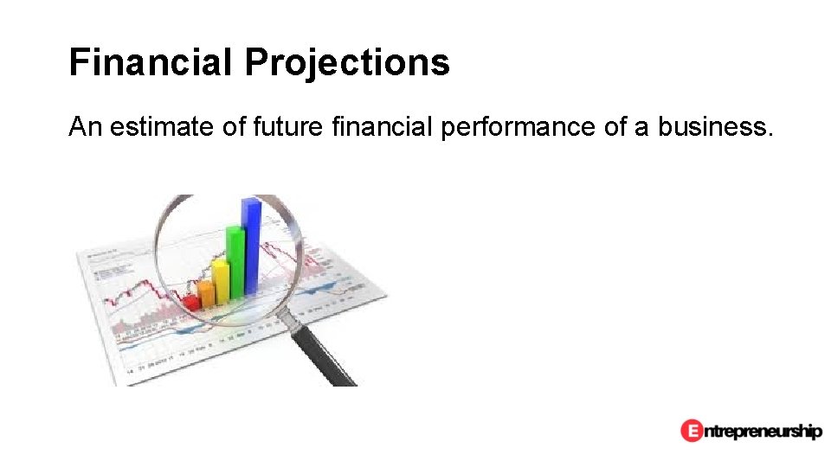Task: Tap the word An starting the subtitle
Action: click(x=85, y=128)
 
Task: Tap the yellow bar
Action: click(x=221, y=281)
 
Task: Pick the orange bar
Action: click(x=206, y=293)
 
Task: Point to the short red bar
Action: click(x=190, y=302)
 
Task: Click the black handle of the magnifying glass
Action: click(x=329, y=359)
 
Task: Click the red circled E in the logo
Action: click(x=691, y=430)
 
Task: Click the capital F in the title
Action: click(x=79, y=62)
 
